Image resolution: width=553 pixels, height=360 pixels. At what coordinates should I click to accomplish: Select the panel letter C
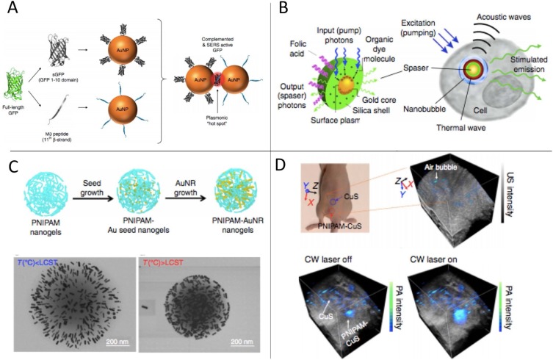click(12, 167)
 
